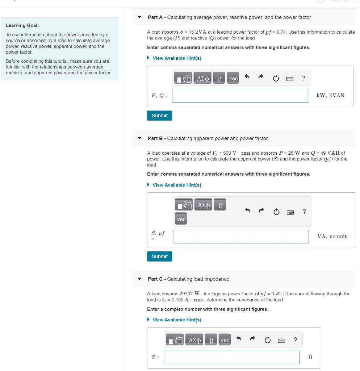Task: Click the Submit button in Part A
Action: [x=159, y=116]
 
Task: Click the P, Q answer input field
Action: [x=240, y=96]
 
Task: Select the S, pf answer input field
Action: [x=241, y=237]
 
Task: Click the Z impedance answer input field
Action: [x=231, y=357]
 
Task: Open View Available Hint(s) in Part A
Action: [x=177, y=58]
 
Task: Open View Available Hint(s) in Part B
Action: [x=177, y=185]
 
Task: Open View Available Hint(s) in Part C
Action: [x=177, y=320]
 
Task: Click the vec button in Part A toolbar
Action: [x=233, y=78]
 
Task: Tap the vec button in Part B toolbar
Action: [x=181, y=219]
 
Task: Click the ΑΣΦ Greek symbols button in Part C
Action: [x=195, y=340]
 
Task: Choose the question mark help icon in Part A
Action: [x=304, y=78]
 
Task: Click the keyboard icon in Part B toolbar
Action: [x=290, y=212]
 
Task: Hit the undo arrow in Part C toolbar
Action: [x=239, y=340]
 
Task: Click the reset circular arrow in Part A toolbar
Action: [x=276, y=78]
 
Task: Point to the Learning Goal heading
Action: [x=22, y=25]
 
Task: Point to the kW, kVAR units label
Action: [x=330, y=96]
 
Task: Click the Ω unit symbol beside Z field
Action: [x=310, y=357]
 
